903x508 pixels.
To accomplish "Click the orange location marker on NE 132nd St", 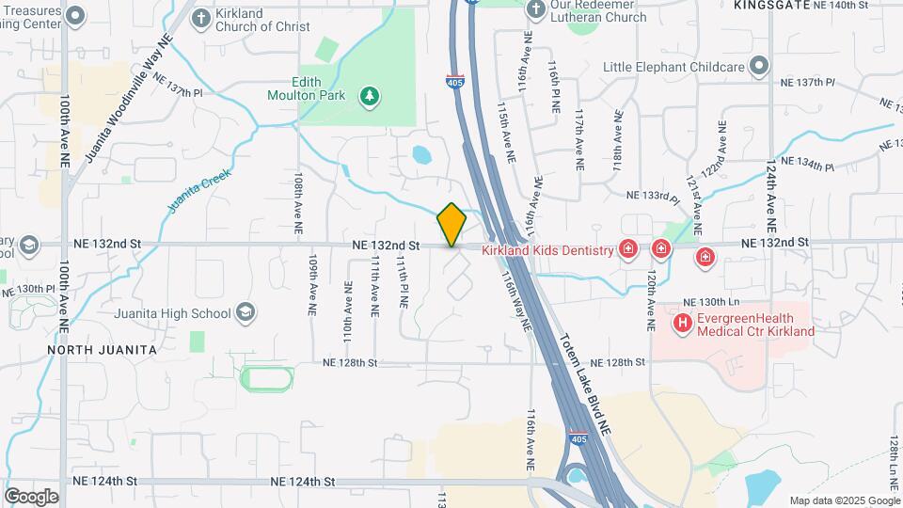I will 451,224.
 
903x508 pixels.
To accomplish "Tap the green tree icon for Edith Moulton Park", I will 371,95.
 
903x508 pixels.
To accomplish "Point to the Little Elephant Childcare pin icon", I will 758,67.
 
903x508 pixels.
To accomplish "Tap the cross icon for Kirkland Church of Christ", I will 201,18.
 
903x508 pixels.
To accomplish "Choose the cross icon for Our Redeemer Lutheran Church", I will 535,9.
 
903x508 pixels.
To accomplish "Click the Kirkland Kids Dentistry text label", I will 547,250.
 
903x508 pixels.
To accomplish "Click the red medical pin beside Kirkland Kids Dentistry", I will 628,249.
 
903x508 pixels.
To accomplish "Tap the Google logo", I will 31,496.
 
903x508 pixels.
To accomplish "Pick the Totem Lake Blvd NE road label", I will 586,385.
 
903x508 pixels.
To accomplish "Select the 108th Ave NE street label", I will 298,202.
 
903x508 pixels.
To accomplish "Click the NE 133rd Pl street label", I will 653,196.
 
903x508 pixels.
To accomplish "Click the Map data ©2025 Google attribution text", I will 845,500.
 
